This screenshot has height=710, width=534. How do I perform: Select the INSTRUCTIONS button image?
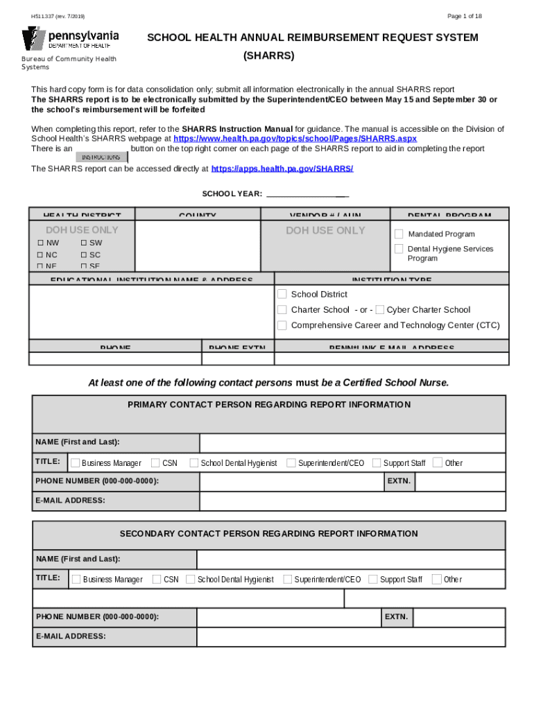point(101,157)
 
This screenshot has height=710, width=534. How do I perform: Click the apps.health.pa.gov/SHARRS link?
point(282,168)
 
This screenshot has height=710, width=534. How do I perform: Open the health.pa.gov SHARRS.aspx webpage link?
point(295,139)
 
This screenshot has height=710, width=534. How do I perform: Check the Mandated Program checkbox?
point(399,234)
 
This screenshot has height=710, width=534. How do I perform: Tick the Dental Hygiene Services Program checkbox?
point(399,249)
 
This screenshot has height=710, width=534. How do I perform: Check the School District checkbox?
point(282,294)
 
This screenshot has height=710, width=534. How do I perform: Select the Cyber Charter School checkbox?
point(379,309)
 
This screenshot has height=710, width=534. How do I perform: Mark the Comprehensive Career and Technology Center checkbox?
point(282,325)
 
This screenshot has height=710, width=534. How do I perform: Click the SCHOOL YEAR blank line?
point(307,194)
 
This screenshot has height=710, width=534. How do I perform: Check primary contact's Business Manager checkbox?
point(75,462)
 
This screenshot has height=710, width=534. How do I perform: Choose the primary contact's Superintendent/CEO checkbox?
point(291,462)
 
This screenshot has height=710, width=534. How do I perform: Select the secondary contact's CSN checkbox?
point(157,579)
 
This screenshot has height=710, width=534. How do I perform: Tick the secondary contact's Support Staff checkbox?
point(373,579)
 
